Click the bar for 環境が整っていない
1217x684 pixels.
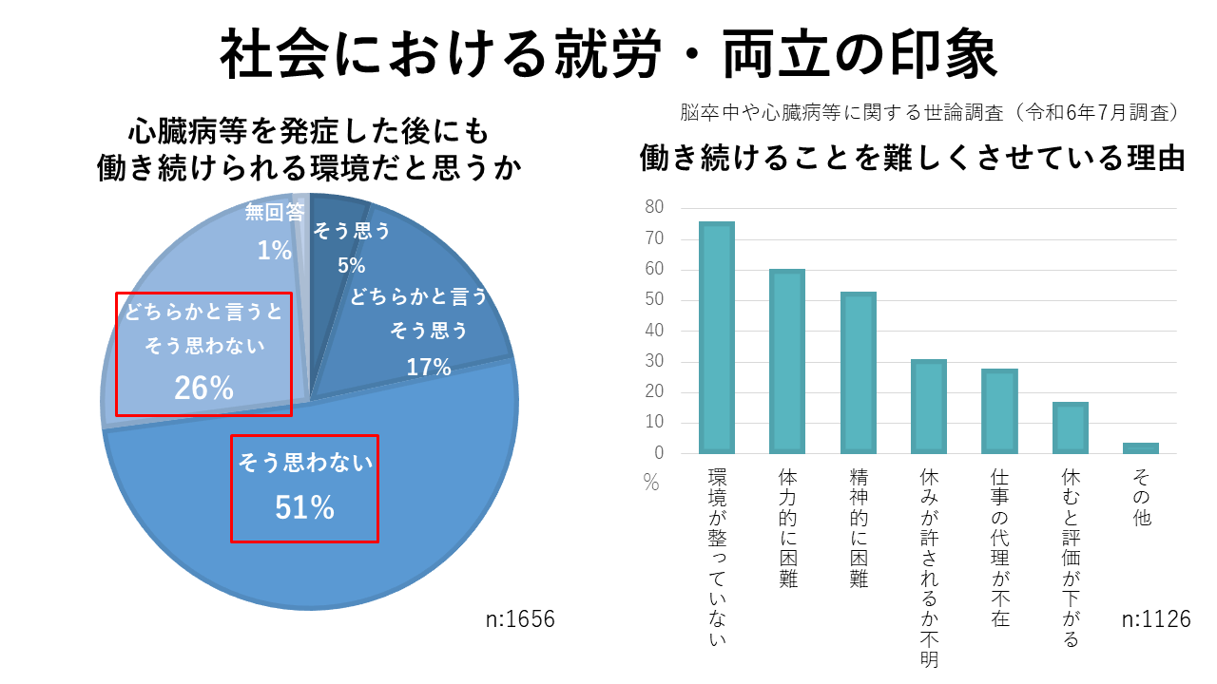pos(717,337)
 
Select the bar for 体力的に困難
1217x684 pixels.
pos(787,361)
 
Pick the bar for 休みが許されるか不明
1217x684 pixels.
pos(928,407)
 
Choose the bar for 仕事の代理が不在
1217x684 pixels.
pos(999,410)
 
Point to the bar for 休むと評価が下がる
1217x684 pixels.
pos(1070,427)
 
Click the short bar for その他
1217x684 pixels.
pos(1140,447)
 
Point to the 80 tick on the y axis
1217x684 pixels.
pos(654,208)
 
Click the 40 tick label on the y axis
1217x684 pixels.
pos(654,331)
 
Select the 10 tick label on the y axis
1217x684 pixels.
pos(654,423)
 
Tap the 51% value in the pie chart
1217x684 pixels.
pos(304,509)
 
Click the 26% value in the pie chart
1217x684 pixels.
pos(203,388)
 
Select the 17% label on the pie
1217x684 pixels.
pos(429,366)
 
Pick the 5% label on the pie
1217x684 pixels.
pos(352,265)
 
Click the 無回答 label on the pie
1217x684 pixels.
pos(275,213)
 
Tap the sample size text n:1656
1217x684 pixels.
pos(520,619)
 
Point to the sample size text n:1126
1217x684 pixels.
pos(1156,619)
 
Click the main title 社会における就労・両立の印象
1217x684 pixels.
pos(608,55)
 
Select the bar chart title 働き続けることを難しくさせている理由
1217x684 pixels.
pos(913,158)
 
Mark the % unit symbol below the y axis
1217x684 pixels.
pos(650,484)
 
